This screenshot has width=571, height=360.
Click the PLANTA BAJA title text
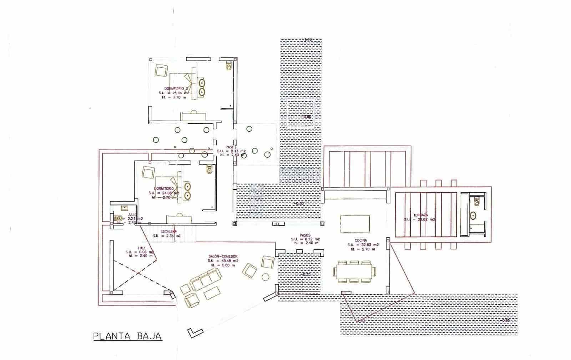127,336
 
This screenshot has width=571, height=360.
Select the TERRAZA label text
420,215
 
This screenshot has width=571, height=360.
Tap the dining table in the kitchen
354,271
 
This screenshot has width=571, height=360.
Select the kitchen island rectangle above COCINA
355,223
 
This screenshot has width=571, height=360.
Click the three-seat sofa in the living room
206,279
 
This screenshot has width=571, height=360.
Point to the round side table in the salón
266,277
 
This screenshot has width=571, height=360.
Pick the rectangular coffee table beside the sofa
212,293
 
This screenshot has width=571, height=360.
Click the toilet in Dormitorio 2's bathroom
229,66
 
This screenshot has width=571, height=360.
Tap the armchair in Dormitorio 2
161,70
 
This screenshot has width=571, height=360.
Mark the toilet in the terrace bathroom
476,202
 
